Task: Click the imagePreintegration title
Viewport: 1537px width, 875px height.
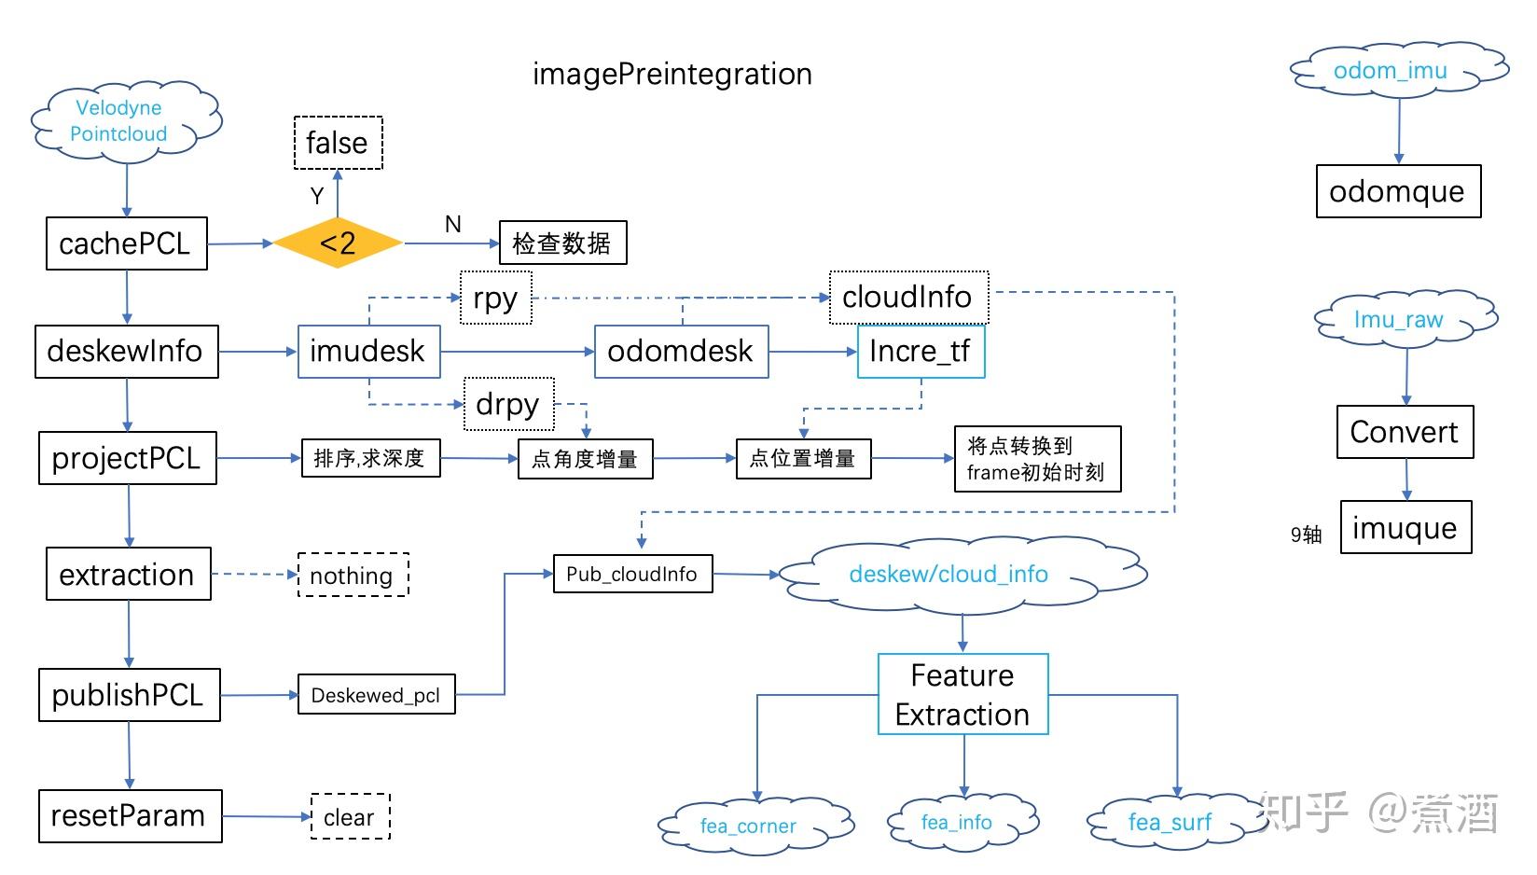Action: click(x=672, y=75)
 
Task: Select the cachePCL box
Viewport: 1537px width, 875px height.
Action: click(x=126, y=243)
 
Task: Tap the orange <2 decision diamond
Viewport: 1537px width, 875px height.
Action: click(x=338, y=243)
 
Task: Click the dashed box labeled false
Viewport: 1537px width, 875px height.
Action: click(x=338, y=143)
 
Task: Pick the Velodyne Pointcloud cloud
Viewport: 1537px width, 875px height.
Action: click(x=124, y=121)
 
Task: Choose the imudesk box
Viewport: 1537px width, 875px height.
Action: click(x=368, y=352)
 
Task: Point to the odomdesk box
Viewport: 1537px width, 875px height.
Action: click(x=681, y=352)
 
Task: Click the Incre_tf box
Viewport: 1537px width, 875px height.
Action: click(x=921, y=352)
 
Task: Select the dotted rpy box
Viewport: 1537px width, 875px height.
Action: click(x=495, y=299)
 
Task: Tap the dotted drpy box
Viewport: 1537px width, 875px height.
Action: click(x=508, y=404)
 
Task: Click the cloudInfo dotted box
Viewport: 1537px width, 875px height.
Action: click(x=908, y=298)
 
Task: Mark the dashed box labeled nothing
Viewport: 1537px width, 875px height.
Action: click(x=353, y=575)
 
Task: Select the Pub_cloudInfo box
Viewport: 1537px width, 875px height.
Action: click(x=632, y=574)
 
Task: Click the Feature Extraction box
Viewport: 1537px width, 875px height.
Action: click(x=962, y=694)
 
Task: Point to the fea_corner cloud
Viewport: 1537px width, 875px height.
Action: click(x=752, y=825)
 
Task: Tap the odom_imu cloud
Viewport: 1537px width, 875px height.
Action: click(x=1395, y=71)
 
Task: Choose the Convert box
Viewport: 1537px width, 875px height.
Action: click(x=1405, y=432)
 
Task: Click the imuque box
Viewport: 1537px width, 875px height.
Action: click(x=1405, y=528)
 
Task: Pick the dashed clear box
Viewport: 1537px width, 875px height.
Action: click(x=350, y=817)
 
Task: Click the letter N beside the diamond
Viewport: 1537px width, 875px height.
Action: click(x=453, y=225)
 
